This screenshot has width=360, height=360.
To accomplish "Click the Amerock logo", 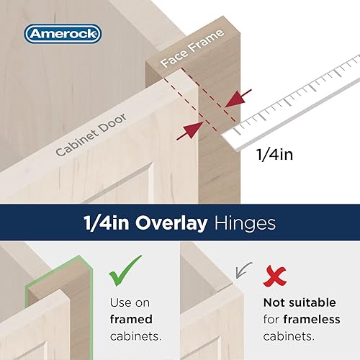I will point(63,33).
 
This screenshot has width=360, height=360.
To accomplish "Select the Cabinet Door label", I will point(94,132).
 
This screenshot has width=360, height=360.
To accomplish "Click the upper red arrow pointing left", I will point(238,96).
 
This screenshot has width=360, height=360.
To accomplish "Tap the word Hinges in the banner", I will point(245,223).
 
